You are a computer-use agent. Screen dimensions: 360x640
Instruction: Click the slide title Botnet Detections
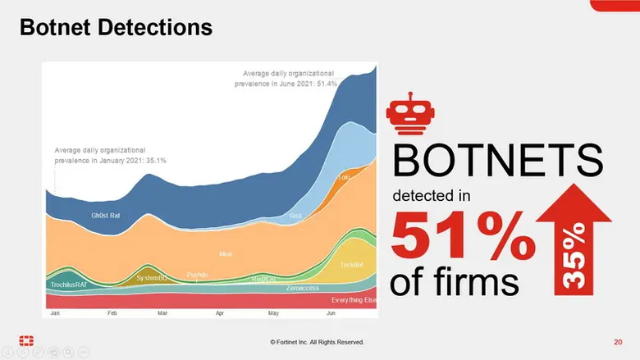coord(116,28)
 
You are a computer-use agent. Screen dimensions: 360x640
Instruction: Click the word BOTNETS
coord(497,161)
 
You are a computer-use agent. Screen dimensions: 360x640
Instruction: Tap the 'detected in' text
coord(437,197)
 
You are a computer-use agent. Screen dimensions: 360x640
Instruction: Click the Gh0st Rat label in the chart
coord(107,216)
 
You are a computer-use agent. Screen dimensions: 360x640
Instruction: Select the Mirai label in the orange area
coord(226,254)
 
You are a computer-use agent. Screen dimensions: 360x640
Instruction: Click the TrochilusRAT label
coord(69,284)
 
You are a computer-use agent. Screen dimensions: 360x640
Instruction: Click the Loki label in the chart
coord(345,177)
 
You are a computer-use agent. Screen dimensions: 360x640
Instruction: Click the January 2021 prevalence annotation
coord(110,155)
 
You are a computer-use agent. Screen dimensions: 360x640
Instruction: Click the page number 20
coord(618,341)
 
